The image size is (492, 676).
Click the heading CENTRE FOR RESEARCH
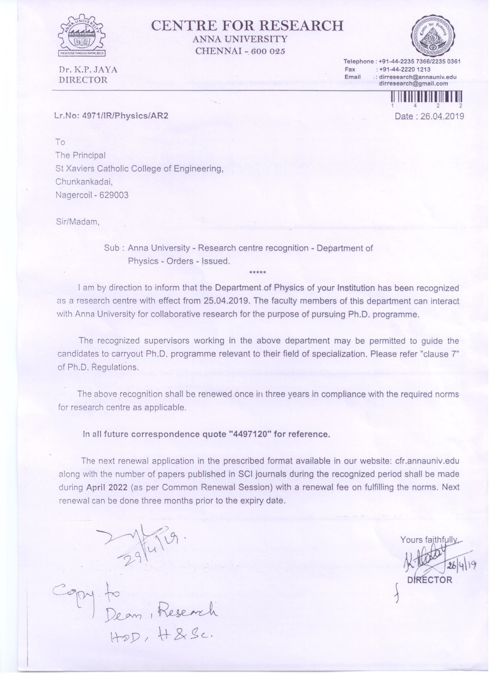247,26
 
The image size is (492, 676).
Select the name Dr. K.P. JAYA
88,70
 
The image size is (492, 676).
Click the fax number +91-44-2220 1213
404,69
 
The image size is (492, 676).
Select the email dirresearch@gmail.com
413,84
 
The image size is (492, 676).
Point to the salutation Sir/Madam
78,222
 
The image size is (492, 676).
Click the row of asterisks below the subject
258,272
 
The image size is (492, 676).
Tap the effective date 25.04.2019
226,300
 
